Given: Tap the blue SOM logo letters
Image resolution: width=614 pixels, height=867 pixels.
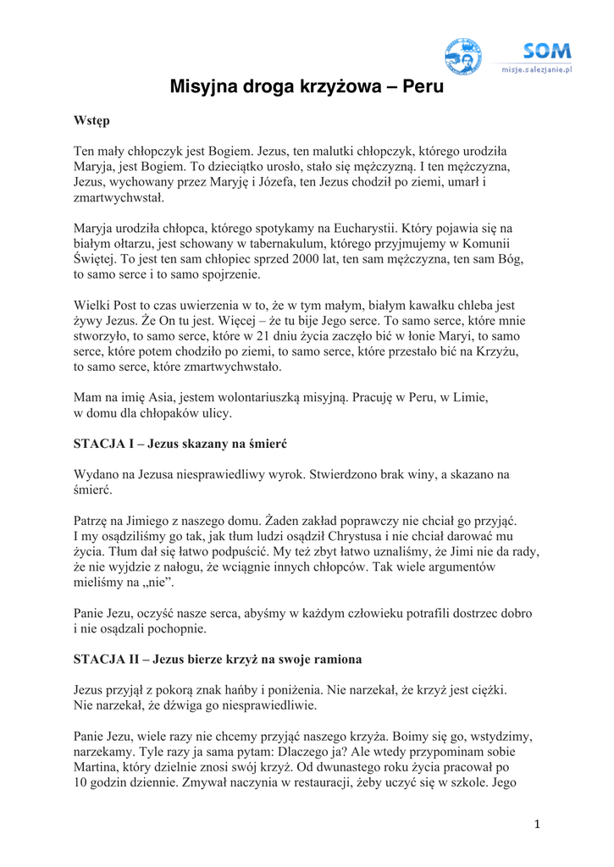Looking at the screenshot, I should pos(546,52).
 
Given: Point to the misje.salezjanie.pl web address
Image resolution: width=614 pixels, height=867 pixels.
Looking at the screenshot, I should pos(537,70).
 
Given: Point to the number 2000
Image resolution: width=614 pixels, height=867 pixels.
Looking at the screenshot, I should pos(310,259).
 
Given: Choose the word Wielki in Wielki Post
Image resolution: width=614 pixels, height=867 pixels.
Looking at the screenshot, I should pos(93,305).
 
